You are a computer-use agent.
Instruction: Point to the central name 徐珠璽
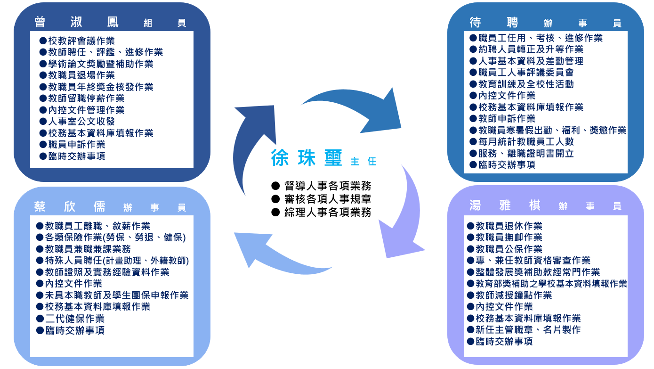pyautogui.click(x=307, y=158)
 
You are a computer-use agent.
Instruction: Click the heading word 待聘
pyautogui.click(x=494, y=22)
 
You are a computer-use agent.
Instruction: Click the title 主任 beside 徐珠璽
pyautogui.click(x=363, y=162)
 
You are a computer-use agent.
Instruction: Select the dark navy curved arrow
pyautogui.click(x=252, y=141)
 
